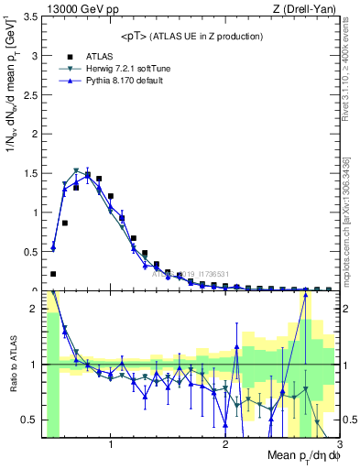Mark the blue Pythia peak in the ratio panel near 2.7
pos(305,294)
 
